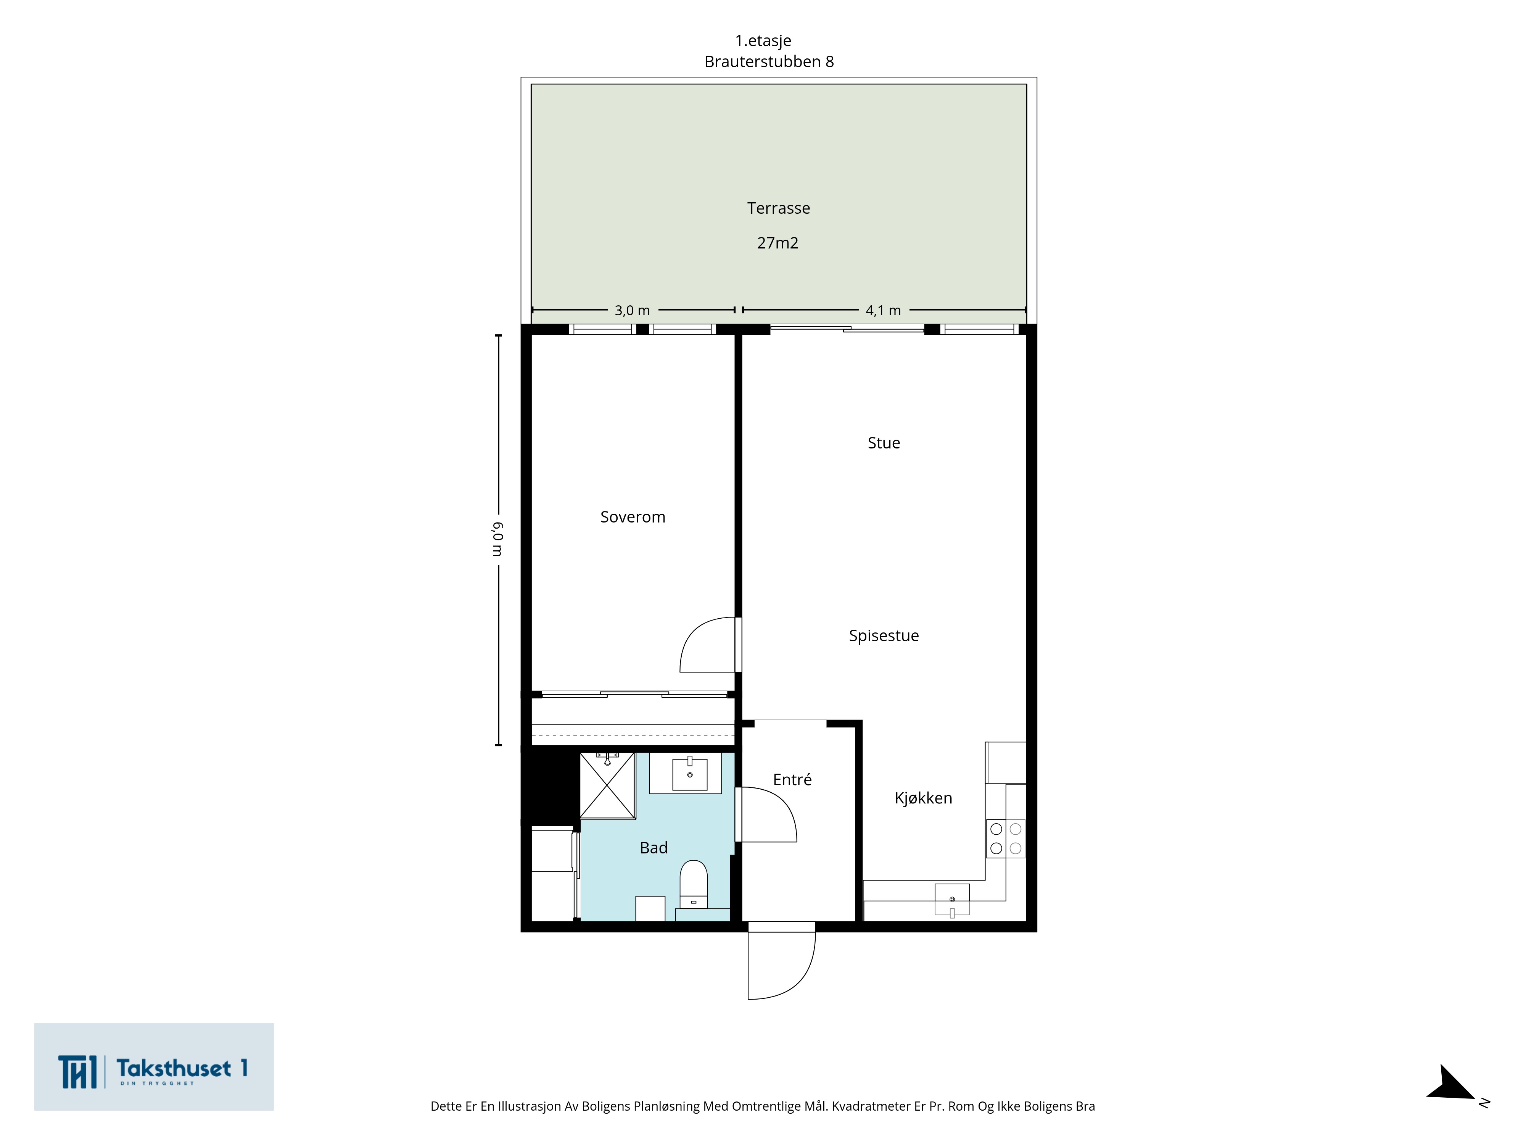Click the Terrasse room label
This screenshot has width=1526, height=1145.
click(x=778, y=208)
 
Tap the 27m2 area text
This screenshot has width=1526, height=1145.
click(x=777, y=243)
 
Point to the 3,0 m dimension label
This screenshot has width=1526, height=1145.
click(x=632, y=311)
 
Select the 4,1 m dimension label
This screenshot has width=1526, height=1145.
click(x=883, y=311)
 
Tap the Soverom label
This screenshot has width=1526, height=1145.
click(x=633, y=517)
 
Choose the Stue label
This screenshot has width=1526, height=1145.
click(x=884, y=443)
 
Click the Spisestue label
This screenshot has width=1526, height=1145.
click(x=884, y=635)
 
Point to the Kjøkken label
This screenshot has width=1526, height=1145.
click(x=923, y=798)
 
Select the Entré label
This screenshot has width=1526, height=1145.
click(x=792, y=779)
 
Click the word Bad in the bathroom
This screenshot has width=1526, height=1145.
click(x=653, y=848)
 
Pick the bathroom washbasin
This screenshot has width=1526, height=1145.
click(x=690, y=774)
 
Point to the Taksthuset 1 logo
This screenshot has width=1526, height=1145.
click(x=154, y=1066)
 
